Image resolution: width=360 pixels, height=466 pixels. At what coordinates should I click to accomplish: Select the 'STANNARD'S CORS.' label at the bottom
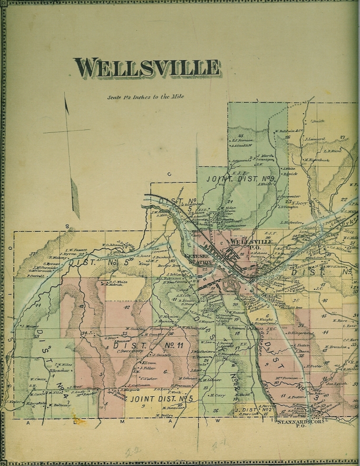[x=293, y=421]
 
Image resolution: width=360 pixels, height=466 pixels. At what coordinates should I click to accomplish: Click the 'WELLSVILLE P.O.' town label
[x=251, y=244]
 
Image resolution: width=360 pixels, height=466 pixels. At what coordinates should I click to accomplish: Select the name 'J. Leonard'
[x=315, y=139]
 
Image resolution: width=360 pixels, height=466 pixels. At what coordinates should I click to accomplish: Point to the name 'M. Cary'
[x=217, y=395]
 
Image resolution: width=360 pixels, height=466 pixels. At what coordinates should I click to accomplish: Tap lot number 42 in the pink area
[x=127, y=307]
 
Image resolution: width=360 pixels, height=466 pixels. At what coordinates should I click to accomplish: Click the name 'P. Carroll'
[x=35, y=276]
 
